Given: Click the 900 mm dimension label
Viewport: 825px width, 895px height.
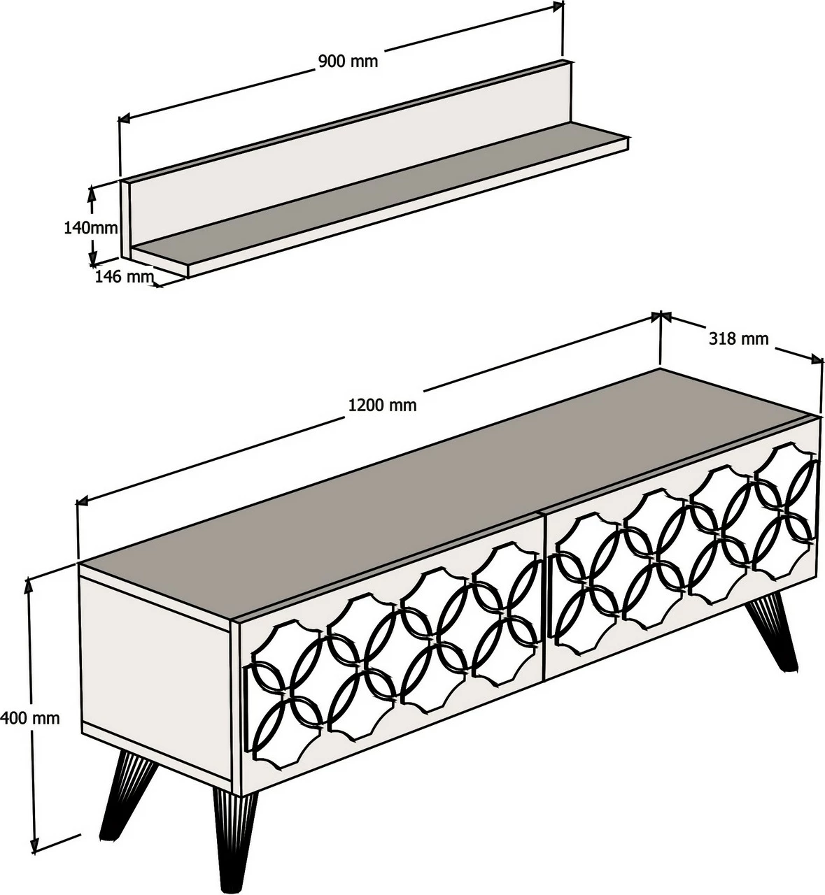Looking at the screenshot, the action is pyautogui.click(x=348, y=61).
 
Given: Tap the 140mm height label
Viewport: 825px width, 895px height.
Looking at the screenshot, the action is pyautogui.click(x=91, y=227).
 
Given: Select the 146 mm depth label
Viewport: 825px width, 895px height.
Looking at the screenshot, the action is pyautogui.click(x=124, y=277).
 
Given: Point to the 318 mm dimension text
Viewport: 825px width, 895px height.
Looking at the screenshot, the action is pyautogui.click(x=739, y=339).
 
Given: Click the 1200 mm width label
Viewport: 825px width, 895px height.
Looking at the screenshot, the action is pyautogui.click(x=382, y=405).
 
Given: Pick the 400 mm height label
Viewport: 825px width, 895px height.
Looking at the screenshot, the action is pyautogui.click(x=29, y=718).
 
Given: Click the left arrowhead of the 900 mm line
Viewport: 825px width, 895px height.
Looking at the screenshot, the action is pyautogui.click(x=124, y=118).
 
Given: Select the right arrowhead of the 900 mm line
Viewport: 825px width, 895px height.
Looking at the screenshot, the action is pyautogui.click(x=558, y=6).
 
